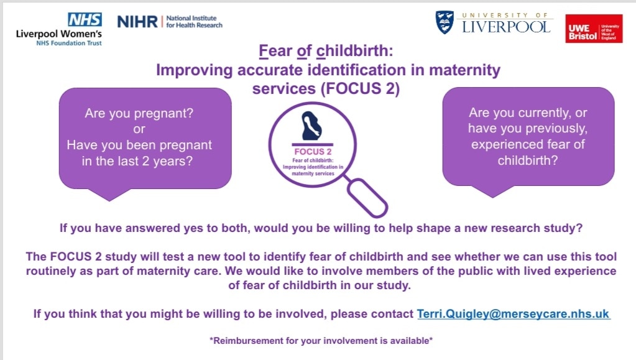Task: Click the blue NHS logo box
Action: coord(85,19)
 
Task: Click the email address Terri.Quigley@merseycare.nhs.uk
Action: coord(513,314)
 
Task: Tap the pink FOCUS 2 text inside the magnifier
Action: coord(313,151)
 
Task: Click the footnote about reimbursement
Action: coord(321,340)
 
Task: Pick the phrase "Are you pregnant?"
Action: coord(139,114)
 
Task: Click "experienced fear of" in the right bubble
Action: coord(528,145)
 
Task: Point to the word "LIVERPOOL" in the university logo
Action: coord(507,26)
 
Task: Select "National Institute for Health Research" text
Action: coord(194,22)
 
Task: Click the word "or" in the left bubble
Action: coord(139,130)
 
